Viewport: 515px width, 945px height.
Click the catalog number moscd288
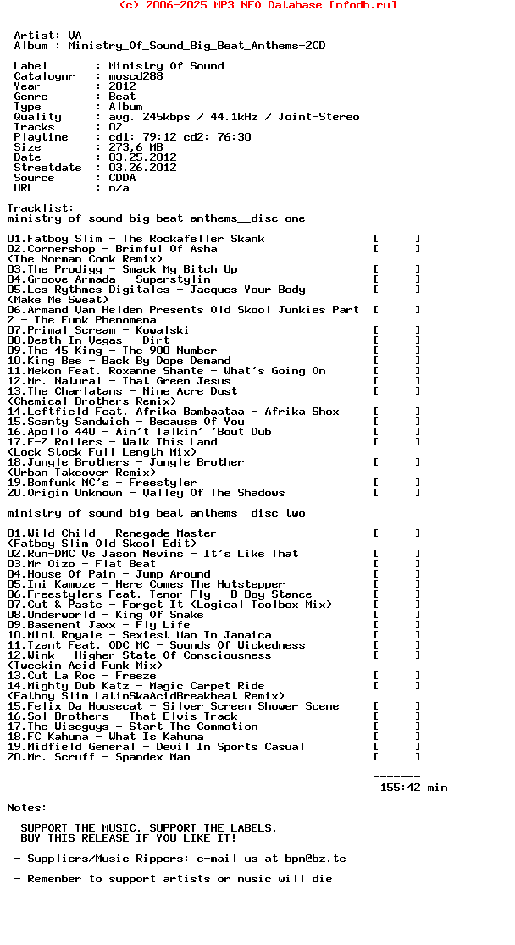tap(136, 76)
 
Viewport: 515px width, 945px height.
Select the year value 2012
tap(122, 86)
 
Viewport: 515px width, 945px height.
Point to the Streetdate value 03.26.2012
tap(142, 168)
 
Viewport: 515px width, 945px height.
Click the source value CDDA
tap(122, 178)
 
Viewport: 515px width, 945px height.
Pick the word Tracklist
tap(37, 208)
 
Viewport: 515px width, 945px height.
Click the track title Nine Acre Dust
tap(190, 391)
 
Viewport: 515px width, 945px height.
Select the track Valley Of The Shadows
tap(213, 493)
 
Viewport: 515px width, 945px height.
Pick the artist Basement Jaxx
tap(75, 625)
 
